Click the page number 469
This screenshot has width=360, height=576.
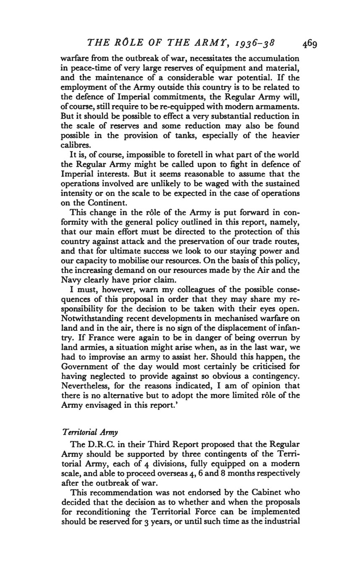(x=308, y=43)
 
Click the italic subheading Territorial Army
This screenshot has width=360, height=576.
(x=90, y=432)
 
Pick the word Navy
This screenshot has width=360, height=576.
(x=70, y=280)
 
